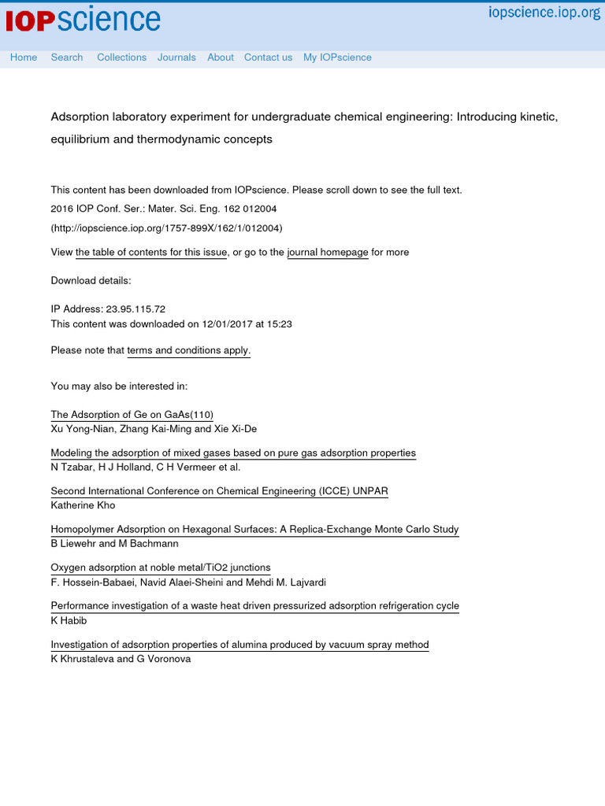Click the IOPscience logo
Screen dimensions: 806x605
[x=83, y=20]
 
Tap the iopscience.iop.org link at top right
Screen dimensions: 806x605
[x=544, y=13]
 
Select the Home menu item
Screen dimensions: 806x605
[x=24, y=57]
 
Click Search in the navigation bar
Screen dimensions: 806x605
[x=67, y=57]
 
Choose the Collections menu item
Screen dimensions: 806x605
[x=121, y=57]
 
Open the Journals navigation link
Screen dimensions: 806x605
[x=176, y=57]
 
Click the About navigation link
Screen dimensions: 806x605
[x=221, y=57]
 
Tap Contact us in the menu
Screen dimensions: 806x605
[x=268, y=57]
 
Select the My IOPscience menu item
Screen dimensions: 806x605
[x=337, y=57]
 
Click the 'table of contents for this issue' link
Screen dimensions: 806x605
[x=151, y=253]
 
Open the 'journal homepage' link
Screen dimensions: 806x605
[x=328, y=253]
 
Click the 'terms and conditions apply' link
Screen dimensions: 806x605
[x=188, y=351]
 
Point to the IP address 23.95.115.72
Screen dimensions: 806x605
[x=135, y=310]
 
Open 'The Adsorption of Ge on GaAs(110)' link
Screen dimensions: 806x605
[x=132, y=415]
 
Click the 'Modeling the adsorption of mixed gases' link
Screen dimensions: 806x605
[x=233, y=453]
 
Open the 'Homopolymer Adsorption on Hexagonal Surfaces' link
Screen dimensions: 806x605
[x=254, y=530]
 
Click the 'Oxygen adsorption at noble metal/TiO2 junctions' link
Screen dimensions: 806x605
[x=161, y=568]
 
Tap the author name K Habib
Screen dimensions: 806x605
[x=70, y=621]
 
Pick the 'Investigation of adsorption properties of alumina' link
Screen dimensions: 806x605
[x=239, y=645]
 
